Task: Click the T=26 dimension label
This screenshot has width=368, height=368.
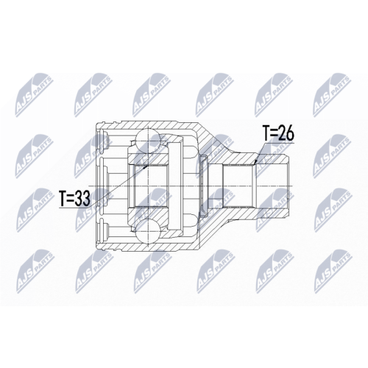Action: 278,135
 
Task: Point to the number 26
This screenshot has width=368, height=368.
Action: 288,135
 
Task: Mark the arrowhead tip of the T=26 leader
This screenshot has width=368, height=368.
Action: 252,163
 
